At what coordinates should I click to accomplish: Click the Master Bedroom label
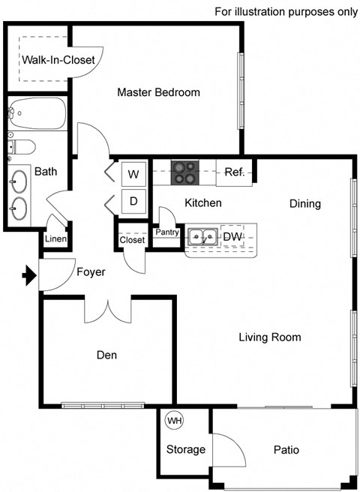coord(158,93)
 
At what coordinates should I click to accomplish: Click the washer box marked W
coord(133,175)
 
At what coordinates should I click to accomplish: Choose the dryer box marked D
coord(133,201)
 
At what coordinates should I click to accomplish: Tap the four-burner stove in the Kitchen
coord(184,173)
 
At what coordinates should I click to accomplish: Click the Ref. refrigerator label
coord(235,172)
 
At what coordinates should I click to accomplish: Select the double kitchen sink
coord(202,238)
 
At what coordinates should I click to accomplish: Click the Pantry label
coord(166,232)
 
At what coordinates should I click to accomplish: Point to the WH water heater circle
coord(174,421)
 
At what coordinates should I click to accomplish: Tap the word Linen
coord(56,239)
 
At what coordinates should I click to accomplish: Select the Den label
coord(106,355)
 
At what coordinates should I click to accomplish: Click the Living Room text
coord(269,337)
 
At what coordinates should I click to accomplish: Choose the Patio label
coord(286,450)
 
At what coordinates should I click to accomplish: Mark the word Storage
coord(185,450)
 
